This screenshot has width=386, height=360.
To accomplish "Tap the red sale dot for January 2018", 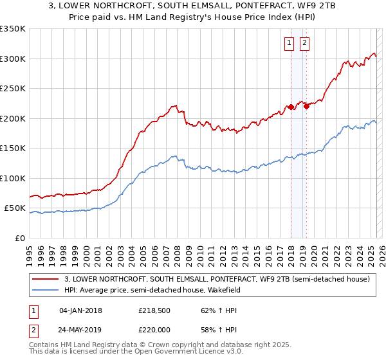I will coord(291,107).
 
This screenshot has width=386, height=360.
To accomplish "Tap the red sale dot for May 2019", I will coord(306,106).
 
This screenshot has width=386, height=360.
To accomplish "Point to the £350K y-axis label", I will coord(13,29).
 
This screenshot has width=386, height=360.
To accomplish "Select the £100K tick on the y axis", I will coord(13,178).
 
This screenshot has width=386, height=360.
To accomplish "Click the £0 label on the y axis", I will coord(20,238).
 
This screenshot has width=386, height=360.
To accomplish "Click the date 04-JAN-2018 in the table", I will coord(80,310).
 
